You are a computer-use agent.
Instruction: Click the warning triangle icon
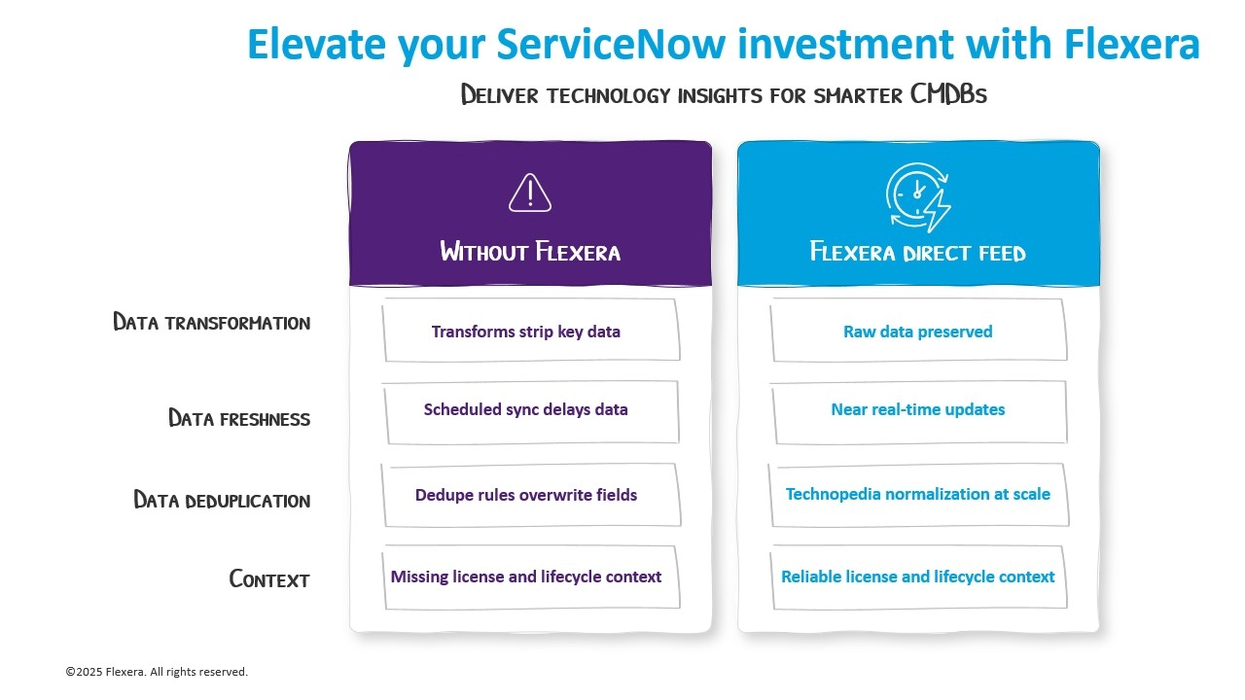coord(530,193)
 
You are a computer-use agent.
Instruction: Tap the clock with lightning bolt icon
coord(917,197)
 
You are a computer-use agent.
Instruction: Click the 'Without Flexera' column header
coord(530,252)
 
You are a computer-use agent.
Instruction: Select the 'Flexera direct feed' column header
coord(917,253)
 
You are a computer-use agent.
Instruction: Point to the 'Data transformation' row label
coord(211,323)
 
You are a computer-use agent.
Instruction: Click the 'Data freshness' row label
coord(239,419)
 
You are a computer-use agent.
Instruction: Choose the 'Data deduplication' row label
coord(222,501)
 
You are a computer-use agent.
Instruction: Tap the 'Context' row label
coord(269,579)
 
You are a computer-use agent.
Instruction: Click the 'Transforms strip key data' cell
coord(526,332)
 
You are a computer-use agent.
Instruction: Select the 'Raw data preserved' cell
coord(917,332)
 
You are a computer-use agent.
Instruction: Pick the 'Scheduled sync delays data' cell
coord(526,409)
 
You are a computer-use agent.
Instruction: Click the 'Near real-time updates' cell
coord(917,409)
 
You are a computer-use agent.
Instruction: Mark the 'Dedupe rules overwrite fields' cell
coord(526,495)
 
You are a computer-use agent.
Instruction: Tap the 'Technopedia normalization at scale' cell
coord(917,494)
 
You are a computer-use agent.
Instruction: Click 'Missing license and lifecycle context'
coord(526,577)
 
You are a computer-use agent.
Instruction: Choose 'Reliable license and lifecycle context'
coord(917,577)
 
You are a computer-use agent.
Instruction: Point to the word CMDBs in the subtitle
coord(948,95)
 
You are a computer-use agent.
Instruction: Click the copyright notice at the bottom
coord(157,672)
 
